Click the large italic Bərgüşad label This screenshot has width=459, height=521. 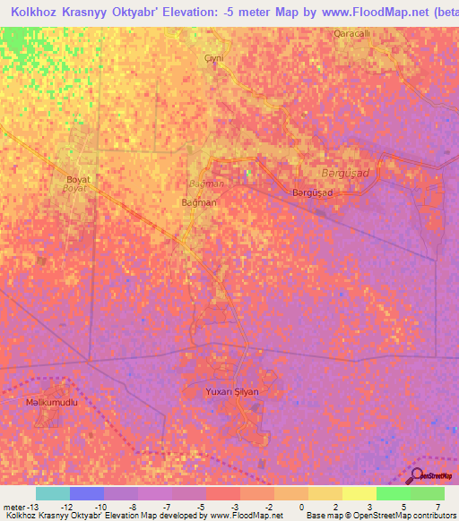345,173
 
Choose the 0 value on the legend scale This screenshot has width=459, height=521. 302,507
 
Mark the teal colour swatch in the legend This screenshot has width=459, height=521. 53,493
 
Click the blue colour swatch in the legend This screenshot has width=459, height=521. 87,493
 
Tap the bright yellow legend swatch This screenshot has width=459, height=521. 359,493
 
